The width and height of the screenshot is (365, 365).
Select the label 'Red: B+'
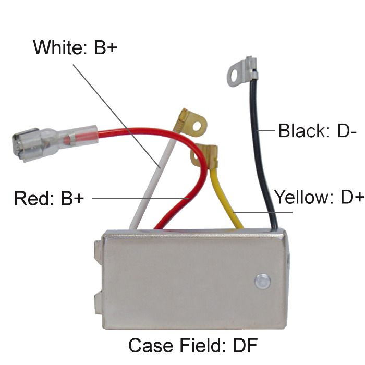coord(48,198)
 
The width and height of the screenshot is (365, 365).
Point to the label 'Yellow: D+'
coord(319,198)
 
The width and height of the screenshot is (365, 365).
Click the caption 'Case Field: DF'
coord(193,345)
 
